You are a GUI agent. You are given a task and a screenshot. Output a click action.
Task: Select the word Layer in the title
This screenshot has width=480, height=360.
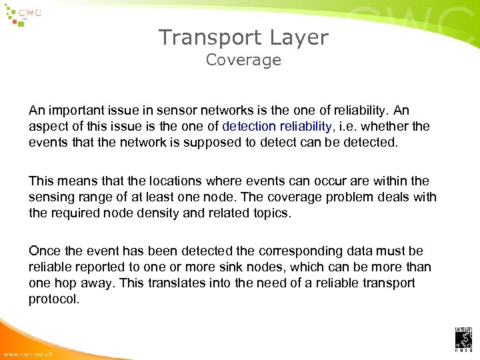click(300, 37)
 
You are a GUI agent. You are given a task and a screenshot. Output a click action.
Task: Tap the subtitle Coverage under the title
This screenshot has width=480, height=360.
click(243, 60)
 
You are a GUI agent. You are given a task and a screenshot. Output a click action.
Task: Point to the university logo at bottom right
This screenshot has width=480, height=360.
click(463, 339)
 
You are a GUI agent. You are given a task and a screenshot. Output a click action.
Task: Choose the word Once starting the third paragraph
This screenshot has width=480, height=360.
click(43, 251)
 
